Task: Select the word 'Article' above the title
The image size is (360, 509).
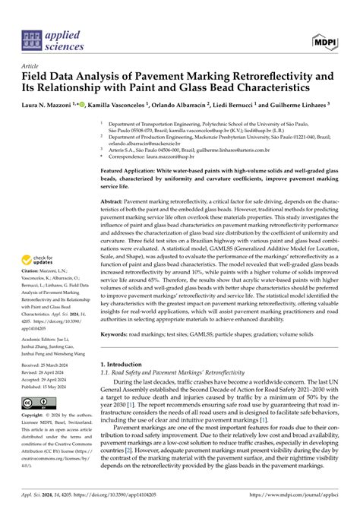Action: (32, 66)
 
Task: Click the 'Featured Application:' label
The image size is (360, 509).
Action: (134, 172)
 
